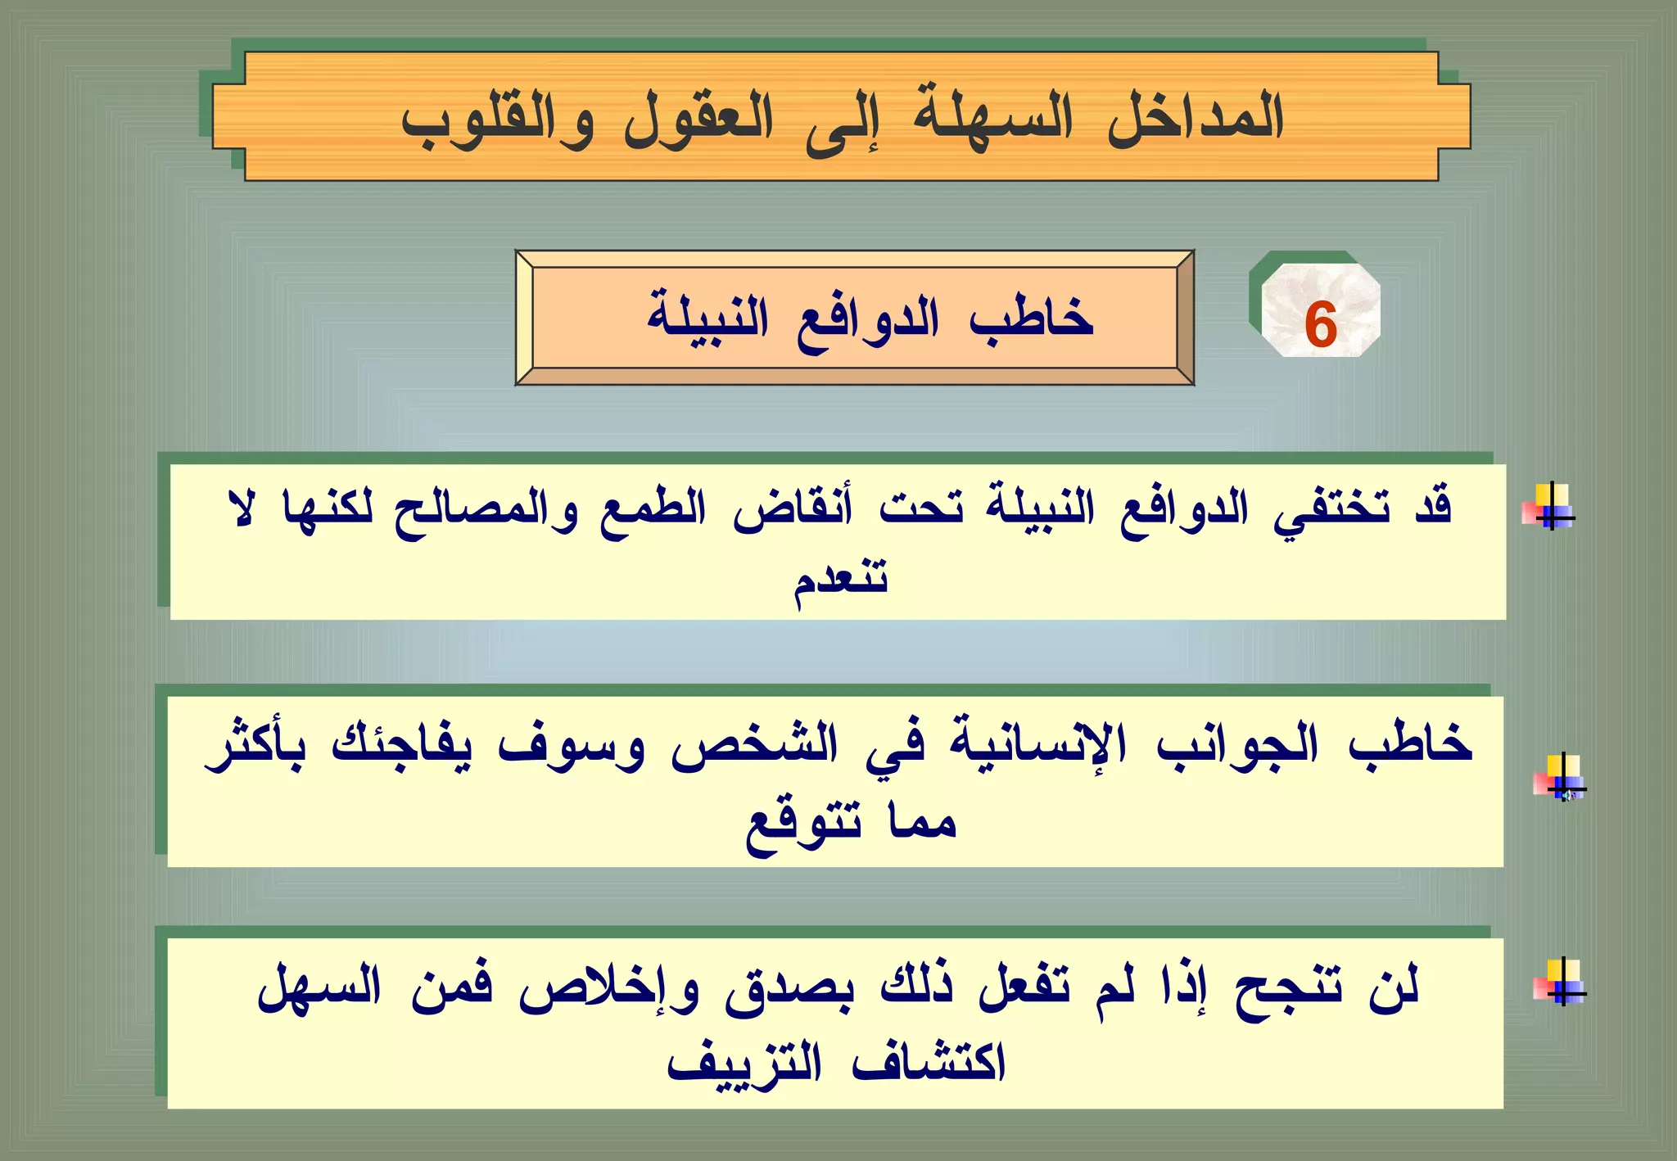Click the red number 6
[x=1320, y=325]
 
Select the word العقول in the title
[x=698, y=121]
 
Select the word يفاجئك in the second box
[x=402, y=744]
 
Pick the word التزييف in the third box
[x=744, y=1064]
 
